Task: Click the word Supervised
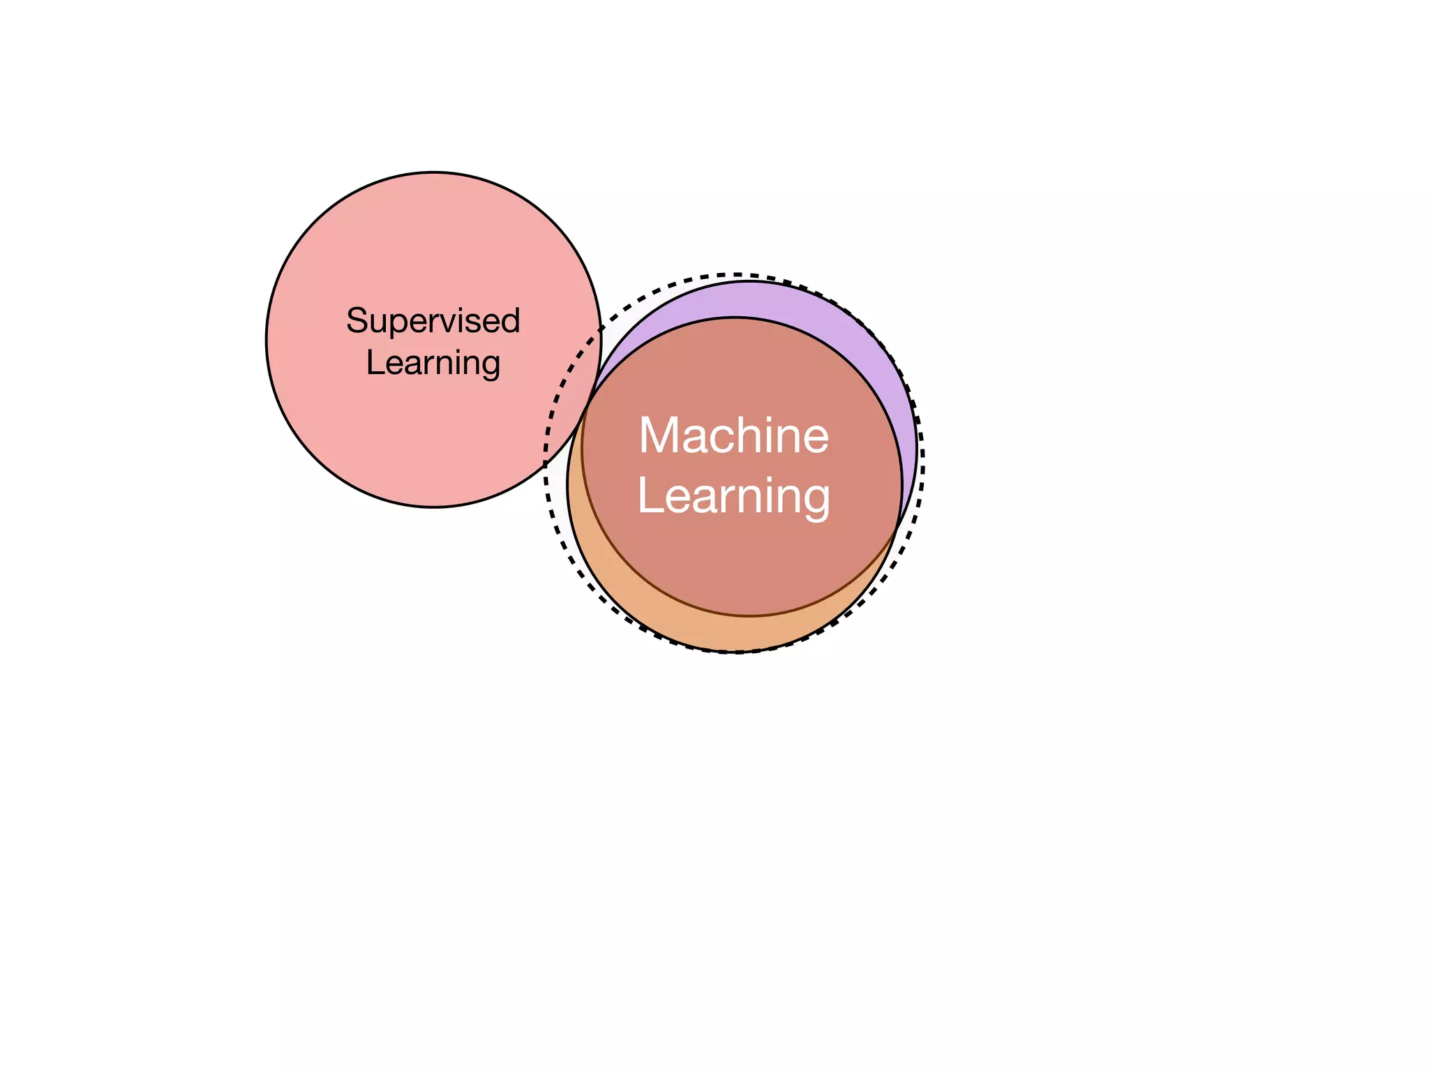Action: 433,322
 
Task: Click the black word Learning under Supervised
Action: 433,363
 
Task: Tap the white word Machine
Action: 734,435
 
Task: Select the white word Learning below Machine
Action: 734,496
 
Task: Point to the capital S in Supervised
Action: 357,321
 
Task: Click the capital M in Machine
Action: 659,435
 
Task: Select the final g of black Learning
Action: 490,366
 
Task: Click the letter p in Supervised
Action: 397,325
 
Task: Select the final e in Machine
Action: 814,438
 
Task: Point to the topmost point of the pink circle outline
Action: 434,172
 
